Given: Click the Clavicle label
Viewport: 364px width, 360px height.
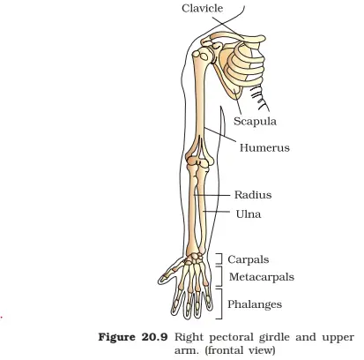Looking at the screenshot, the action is (x=202, y=8).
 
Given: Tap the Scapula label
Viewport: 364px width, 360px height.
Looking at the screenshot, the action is (x=255, y=121).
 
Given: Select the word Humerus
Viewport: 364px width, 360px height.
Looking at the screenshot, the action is (x=264, y=147).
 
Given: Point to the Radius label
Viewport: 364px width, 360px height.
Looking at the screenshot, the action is (x=253, y=195).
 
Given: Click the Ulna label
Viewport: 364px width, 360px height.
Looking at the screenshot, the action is (x=249, y=214).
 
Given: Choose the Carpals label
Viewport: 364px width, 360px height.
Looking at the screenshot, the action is (x=249, y=259).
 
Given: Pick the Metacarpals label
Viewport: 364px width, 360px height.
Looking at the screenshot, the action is (x=262, y=277).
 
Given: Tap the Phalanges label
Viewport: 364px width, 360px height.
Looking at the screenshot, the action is (x=255, y=304).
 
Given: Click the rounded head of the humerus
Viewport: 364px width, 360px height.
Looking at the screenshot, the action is (x=200, y=55).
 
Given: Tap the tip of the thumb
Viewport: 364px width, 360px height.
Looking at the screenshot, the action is (x=160, y=280).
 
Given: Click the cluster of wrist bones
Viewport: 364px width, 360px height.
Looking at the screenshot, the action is (x=194, y=259).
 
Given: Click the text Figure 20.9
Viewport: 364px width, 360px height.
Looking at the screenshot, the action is (x=133, y=337).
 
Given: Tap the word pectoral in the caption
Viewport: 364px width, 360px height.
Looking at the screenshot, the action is (x=231, y=337).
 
